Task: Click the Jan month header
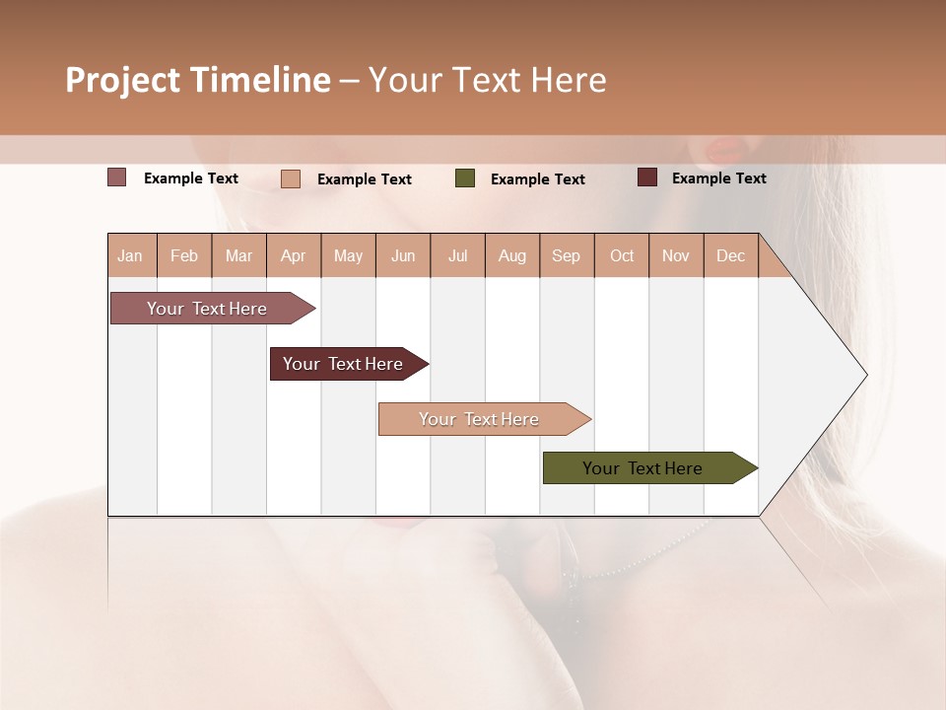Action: coord(130,256)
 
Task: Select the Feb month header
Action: coord(184,256)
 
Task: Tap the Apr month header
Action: coord(293,256)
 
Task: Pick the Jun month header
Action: coord(403,256)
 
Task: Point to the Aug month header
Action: coord(511,256)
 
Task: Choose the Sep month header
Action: coord(566,256)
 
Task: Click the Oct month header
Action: coord(622,256)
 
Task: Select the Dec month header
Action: coord(730,256)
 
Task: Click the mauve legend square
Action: coord(116,177)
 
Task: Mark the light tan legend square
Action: coord(291,178)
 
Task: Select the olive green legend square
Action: coord(465,178)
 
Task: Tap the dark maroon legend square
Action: coord(646,177)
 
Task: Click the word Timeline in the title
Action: coord(260,80)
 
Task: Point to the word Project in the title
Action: coord(124,80)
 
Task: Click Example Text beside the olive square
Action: coord(537,179)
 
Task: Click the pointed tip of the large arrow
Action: coord(864,375)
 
